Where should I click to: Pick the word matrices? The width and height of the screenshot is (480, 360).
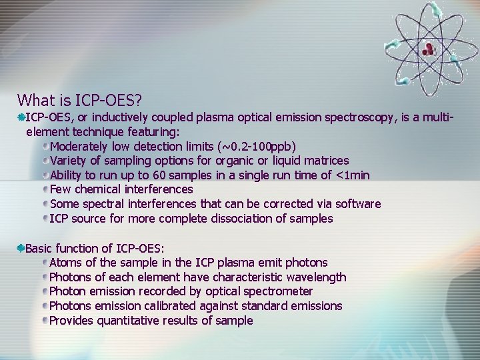(326, 161)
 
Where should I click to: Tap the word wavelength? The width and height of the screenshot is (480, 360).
(314, 277)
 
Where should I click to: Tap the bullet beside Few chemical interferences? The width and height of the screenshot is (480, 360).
(45, 189)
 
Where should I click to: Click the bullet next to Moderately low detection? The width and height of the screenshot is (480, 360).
(45, 146)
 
